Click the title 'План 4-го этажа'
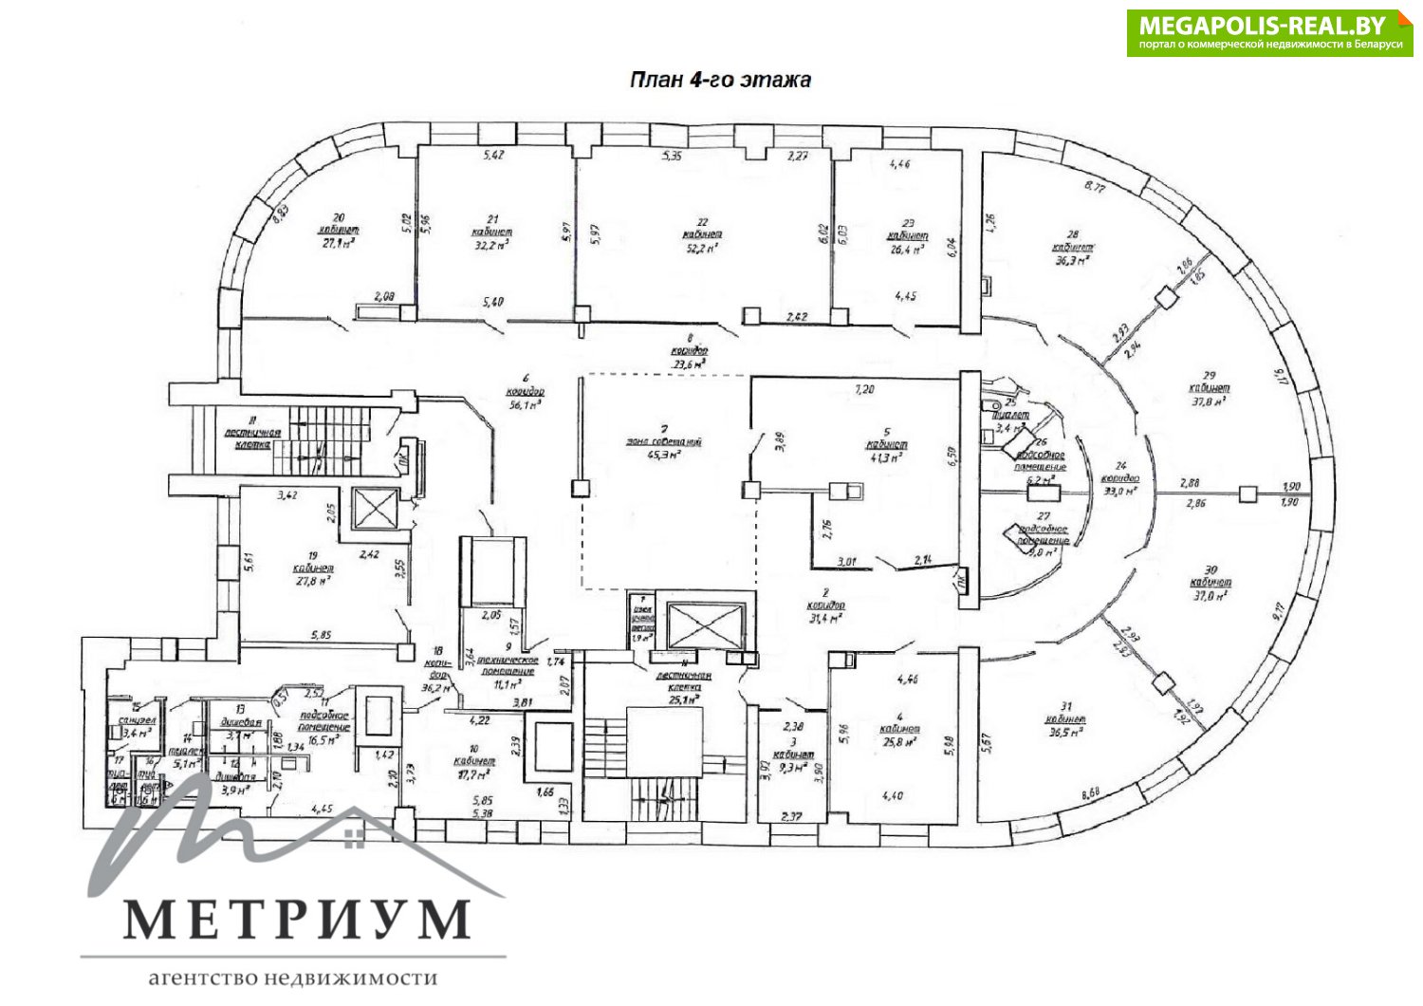pyautogui.click(x=720, y=80)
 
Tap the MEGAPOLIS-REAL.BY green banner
pyautogui.click(x=1269, y=33)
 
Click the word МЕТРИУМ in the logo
pyautogui.click(x=297, y=919)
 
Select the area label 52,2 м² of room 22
pyautogui.click(x=702, y=248)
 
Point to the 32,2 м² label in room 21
pyautogui.click(x=490, y=244)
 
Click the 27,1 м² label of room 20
pyautogui.click(x=339, y=242)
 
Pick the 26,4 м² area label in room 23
pyautogui.click(x=906, y=250)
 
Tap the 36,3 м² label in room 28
pyautogui.click(x=1069, y=259)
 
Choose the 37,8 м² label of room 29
pyautogui.click(x=1209, y=401)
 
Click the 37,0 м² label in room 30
pyautogui.click(x=1211, y=595)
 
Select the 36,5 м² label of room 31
pyautogui.click(x=1065, y=732)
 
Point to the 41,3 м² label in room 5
pyautogui.click(x=885, y=456)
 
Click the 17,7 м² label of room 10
pyautogui.click(x=473, y=774)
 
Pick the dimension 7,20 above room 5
pyautogui.click(x=864, y=389)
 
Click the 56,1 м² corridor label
pyautogui.click(x=525, y=404)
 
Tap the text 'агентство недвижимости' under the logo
pyautogui.click(x=293, y=978)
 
